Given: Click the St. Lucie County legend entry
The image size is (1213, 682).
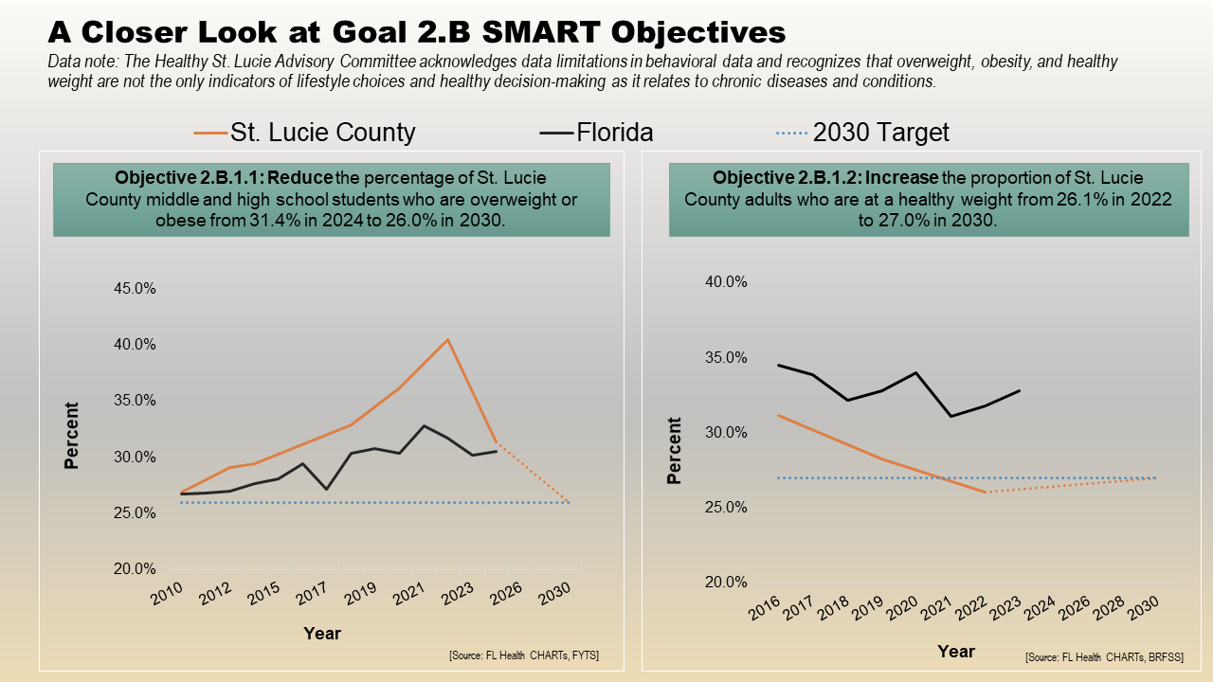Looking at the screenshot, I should click(322, 133).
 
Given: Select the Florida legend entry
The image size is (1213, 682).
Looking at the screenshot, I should click(614, 133).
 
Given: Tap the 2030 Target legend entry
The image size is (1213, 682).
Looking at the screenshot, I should click(880, 133).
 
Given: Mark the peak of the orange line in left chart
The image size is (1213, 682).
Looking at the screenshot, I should click(447, 339).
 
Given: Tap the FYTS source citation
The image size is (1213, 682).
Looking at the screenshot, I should click(525, 655).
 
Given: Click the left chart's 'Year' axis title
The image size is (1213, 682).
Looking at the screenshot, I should click(322, 633).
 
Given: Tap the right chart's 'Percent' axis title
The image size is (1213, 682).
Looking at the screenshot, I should click(674, 451).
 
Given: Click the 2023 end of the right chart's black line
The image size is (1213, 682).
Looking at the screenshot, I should click(1020, 390).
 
